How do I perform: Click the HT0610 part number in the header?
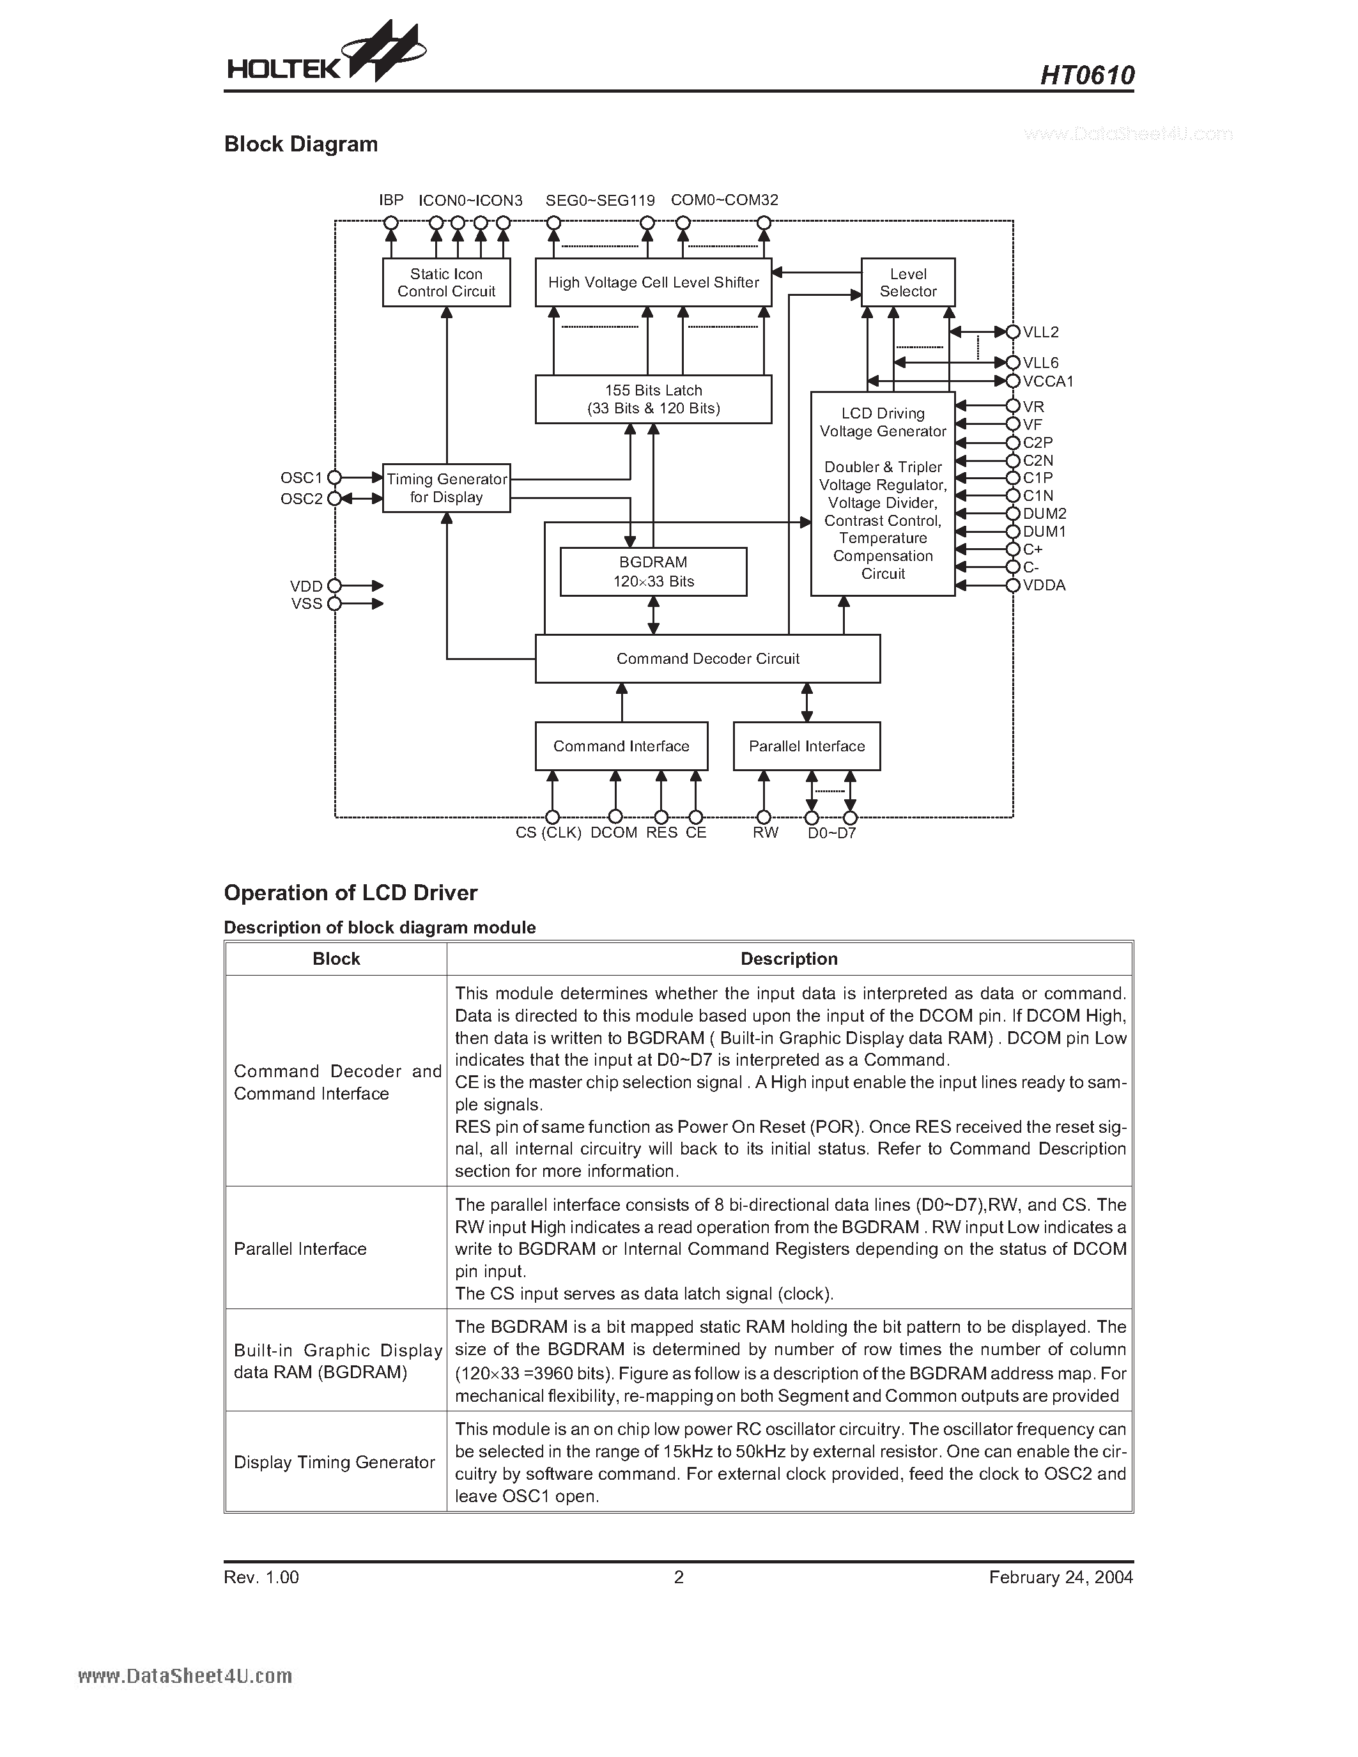click(x=1087, y=75)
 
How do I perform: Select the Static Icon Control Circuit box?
click(x=447, y=282)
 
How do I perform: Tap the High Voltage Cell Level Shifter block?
click(x=653, y=282)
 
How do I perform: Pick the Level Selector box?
click(x=908, y=282)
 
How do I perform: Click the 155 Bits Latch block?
click(x=653, y=399)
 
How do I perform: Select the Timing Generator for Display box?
click(x=447, y=487)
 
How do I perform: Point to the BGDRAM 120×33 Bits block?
click(x=653, y=572)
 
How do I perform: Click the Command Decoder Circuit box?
click(x=708, y=659)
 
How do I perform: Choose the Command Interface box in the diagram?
click(x=622, y=746)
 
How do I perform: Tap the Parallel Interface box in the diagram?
click(x=807, y=746)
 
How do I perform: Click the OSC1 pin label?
click(x=301, y=478)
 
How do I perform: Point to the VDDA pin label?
click(x=1044, y=586)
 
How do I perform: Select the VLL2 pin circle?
click(x=1013, y=332)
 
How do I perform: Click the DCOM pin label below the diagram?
click(x=614, y=832)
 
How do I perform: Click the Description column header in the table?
click(x=789, y=959)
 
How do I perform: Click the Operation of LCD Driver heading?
click(x=351, y=893)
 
